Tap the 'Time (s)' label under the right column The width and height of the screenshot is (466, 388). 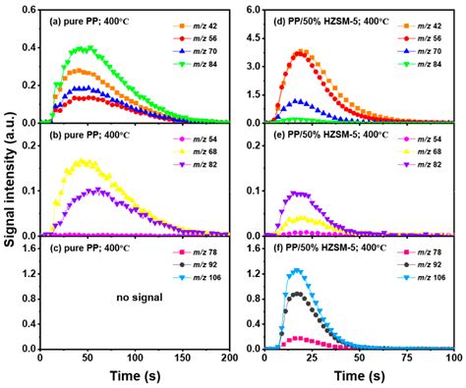pyautogui.click(x=347, y=378)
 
